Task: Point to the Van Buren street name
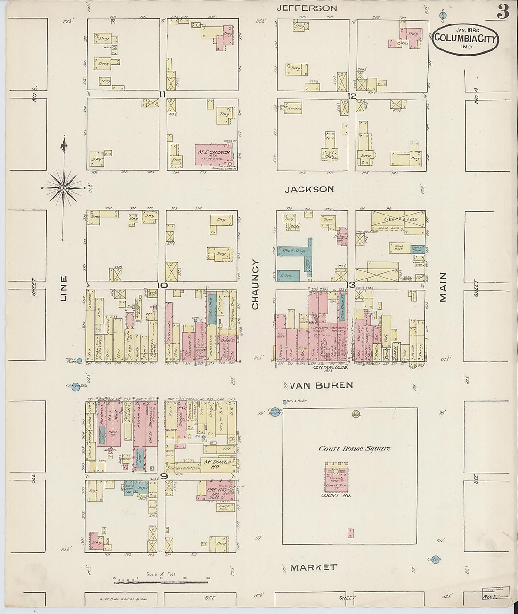321,385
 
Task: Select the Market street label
313,567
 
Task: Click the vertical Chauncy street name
255,285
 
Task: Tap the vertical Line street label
64,288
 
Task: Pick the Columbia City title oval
465,39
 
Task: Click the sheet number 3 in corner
502,13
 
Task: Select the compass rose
64,188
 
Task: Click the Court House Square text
354,448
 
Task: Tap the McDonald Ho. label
218,462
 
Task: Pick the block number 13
350,284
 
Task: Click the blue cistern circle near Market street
436,560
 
